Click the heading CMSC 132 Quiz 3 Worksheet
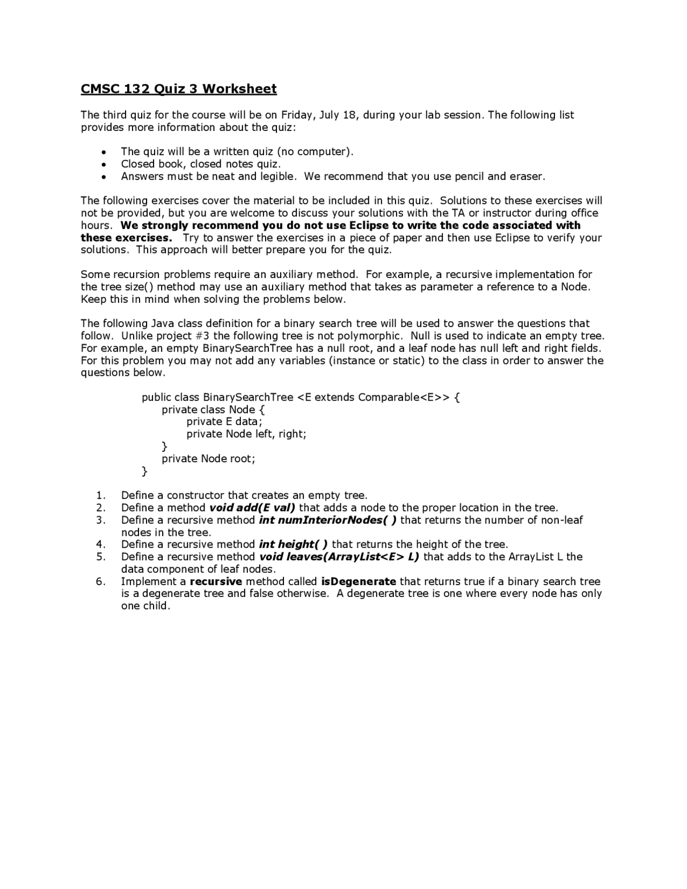179,89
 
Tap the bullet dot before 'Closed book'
103,164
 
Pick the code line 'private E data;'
224,421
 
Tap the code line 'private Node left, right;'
246,434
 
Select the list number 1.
100,495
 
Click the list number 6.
100,581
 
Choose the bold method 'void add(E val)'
252,508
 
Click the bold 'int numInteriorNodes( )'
327,520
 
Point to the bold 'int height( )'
293,544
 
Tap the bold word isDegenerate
359,581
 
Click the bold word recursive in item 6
216,581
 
